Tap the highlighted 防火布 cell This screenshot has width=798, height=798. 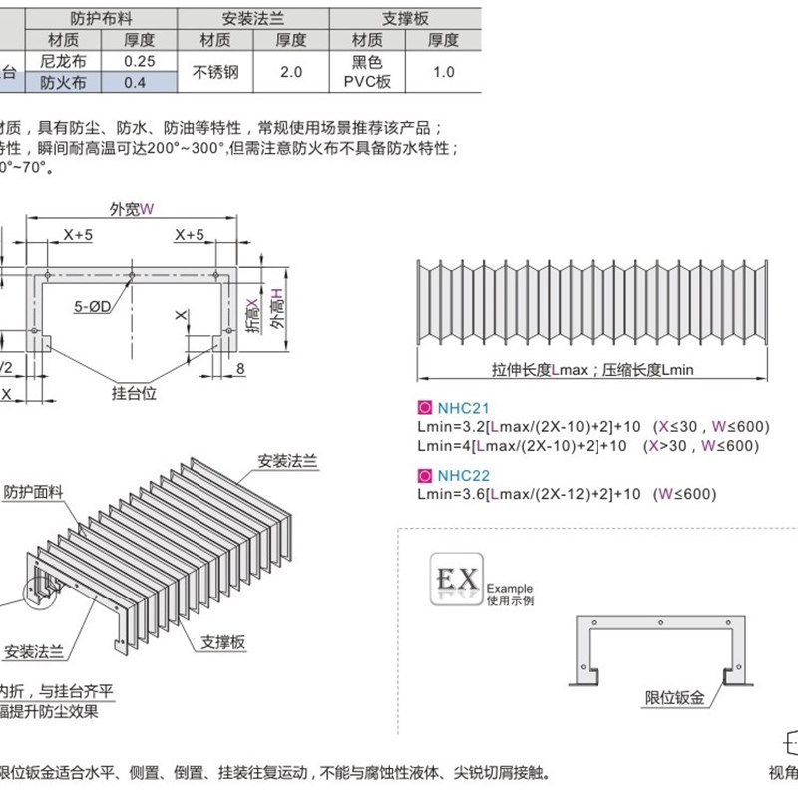click(62, 84)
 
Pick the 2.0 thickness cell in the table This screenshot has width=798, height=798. click(291, 72)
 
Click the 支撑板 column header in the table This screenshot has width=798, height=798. click(404, 18)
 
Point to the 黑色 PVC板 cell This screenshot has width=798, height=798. click(366, 72)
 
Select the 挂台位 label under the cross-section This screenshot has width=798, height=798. click(135, 393)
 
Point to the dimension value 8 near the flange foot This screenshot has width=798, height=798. click(242, 368)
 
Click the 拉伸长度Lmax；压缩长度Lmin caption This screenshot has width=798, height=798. click(592, 369)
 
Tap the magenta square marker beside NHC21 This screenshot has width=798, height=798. click(423, 407)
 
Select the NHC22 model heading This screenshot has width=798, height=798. click(459, 474)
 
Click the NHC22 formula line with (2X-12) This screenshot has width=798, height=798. click(566, 493)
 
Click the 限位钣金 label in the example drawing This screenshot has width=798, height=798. click(675, 698)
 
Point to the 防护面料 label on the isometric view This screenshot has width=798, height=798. click(33, 491)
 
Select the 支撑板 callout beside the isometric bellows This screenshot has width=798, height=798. click(222, 642)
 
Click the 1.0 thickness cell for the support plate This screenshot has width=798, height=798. click(444, 72)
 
